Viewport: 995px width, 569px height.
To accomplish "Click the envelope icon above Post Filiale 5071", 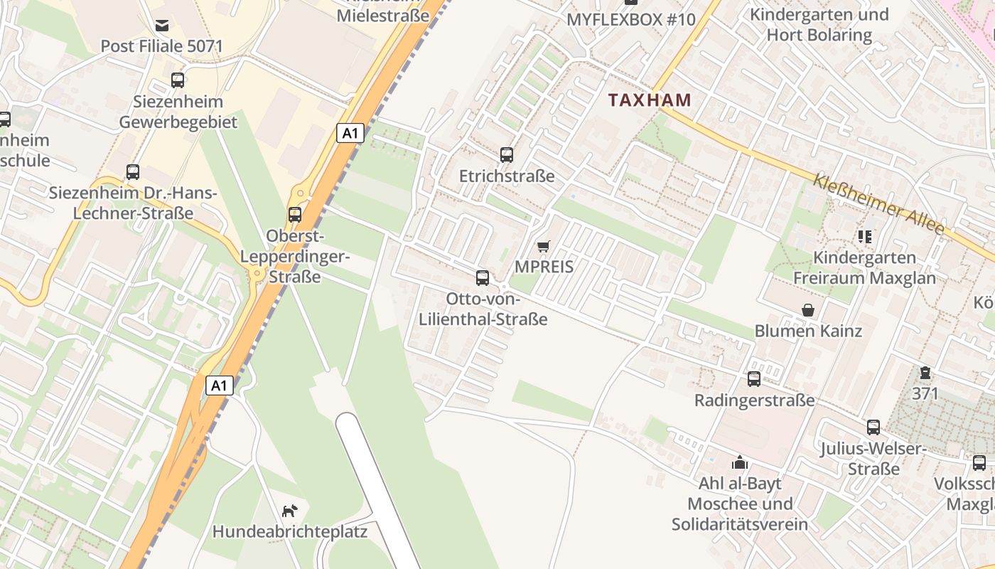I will coord(162,26).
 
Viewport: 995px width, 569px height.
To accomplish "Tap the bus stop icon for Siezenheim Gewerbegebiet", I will coord(178,80).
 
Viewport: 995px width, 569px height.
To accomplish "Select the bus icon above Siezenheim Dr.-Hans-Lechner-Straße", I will coord(133,171).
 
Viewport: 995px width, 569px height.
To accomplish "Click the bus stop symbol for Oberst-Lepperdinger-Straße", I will coord(294,214).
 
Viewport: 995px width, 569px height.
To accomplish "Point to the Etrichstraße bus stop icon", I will coord(507,154).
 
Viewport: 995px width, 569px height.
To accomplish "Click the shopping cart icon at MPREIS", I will coord(544,246).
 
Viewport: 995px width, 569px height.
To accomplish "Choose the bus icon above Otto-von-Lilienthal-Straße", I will coord(483,277).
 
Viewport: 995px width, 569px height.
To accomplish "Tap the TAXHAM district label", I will coord(650,100).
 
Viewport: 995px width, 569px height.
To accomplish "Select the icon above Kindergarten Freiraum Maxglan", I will coord(864,236).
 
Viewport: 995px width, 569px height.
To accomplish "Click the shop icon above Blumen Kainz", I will coord(808,310).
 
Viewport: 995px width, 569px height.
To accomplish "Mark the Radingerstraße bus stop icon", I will coord(754,379).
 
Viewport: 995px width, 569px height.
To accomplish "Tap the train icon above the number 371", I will coord(925,372).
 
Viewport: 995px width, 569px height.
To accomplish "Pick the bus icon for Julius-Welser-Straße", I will coord(873,427).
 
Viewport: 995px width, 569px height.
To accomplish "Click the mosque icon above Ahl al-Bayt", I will coord(740,462).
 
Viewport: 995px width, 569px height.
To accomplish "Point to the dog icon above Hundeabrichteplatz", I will coord(290,510).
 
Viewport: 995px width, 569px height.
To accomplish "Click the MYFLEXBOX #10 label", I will coord(630,19).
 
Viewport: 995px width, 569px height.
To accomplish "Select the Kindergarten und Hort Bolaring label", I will coord(819,24).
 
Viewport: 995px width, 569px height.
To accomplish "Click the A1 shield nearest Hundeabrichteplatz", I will coord(220,385).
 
